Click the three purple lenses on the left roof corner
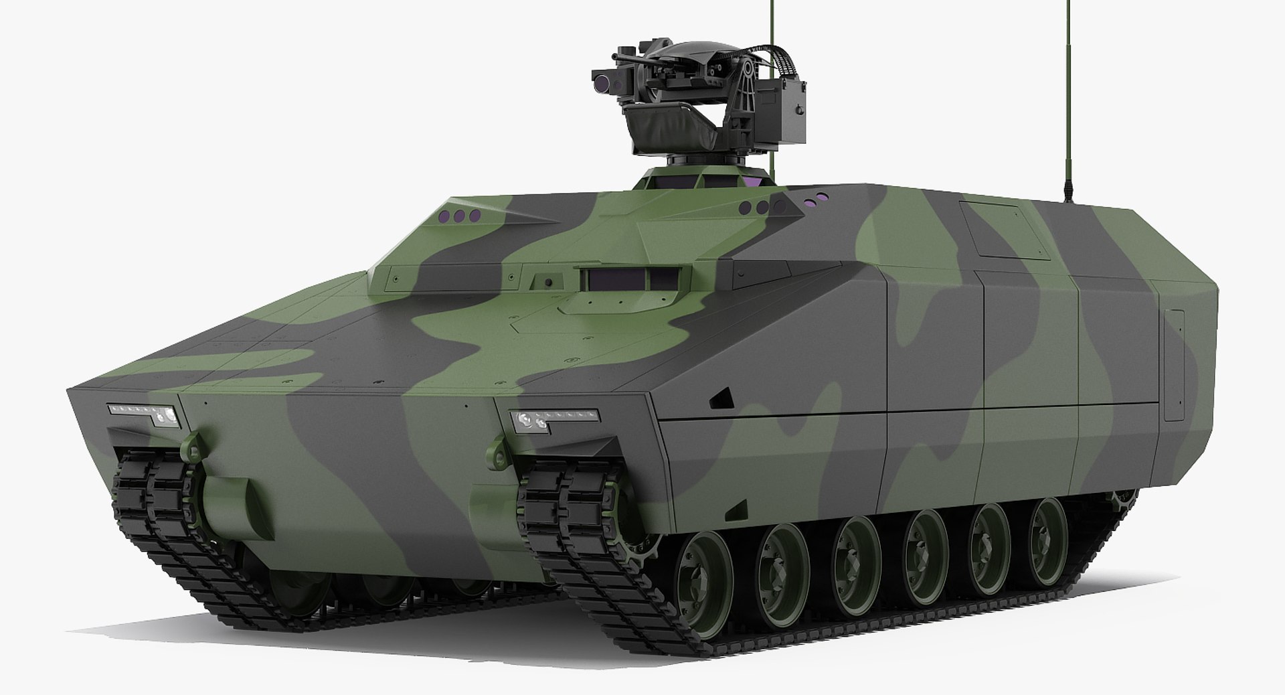(458, 216)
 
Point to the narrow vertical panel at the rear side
(1173, 365)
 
